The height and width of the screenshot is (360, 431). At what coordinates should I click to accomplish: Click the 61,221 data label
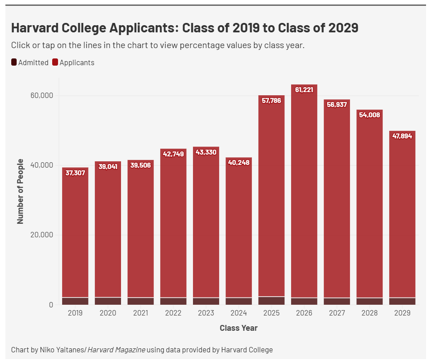[304, 90]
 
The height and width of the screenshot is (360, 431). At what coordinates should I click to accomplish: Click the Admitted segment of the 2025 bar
[271, 300]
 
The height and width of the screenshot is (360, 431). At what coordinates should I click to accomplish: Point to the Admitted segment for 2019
[75, 301]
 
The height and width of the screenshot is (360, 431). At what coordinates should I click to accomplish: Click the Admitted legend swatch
[14, 62]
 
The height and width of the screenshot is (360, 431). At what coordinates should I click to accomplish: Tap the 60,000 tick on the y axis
[42, 96]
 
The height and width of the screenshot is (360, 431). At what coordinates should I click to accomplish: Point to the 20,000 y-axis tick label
[42, 235]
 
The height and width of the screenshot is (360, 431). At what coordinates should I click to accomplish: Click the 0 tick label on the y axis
[51, 305]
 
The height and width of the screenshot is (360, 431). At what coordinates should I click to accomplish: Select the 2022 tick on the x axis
[173, 313]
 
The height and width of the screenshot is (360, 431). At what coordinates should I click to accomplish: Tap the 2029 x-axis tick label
[402, 313]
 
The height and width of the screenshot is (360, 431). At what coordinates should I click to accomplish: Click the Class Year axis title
[238, 328]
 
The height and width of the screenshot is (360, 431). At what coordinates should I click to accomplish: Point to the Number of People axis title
[20, 191]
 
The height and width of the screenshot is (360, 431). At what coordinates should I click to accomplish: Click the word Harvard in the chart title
[32, 28]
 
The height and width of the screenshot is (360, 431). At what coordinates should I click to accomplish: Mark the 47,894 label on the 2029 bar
[402, 136]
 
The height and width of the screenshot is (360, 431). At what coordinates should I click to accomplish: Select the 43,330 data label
[206, 152]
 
